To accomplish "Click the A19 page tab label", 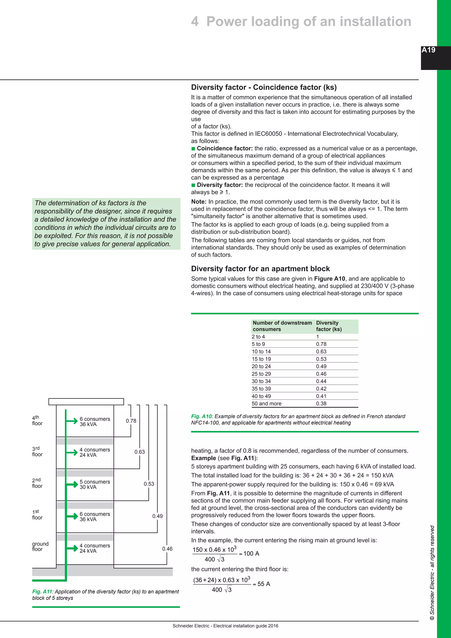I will (428, 50).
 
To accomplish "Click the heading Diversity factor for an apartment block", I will (260, 269).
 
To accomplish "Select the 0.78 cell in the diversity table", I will (321, 344).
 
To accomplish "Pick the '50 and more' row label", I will (266, 403).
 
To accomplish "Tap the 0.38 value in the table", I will (321, 403).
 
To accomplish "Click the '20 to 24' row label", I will (261, 366).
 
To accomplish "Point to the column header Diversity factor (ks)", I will (329, 326).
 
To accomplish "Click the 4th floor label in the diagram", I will (37, 420).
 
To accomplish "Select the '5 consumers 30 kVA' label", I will (95, 484).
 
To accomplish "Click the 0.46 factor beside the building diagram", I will (167, 549).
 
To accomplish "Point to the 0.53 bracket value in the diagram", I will (149, 484).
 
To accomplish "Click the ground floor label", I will (40, 546).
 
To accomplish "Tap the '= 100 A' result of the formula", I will (249, 554).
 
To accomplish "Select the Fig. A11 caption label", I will (42, 592).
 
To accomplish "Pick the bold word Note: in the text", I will (199, 202).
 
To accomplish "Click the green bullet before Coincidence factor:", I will (193, 149).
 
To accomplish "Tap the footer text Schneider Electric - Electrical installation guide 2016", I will (225, 626).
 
